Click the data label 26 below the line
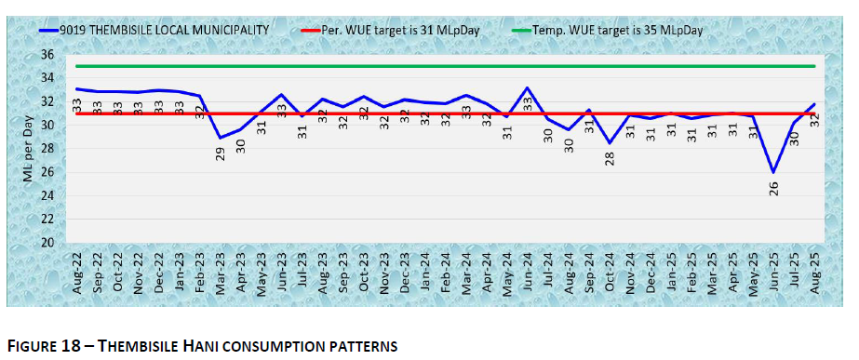tap(773, 187)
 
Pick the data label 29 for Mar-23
tap(221, 153)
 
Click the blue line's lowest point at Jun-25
tap(773, 172)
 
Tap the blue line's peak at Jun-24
tap(528, 87)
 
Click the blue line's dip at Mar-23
tap(221, 138)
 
